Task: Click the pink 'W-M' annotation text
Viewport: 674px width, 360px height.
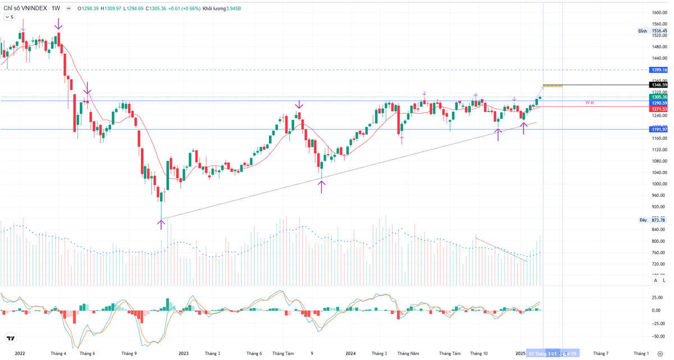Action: pyautogui.click(x=590, y=103)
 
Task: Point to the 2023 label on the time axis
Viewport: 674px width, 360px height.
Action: pyautogui.click(x=183, y=353)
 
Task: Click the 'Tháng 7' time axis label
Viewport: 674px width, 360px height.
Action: pyautogui.click(x=600, y=353)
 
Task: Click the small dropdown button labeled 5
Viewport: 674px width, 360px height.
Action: pyautogui.click(x=10, y=17)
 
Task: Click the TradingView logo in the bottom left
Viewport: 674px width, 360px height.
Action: pyautogui.click(x=10, y=339)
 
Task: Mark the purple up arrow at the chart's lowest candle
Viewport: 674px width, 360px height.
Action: pyautogui.click(x=161, y=224)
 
